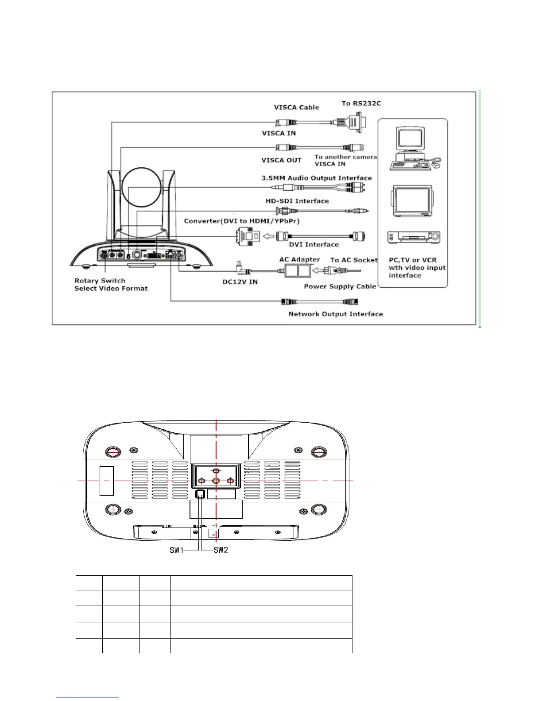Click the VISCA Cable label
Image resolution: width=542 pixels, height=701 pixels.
[x=296, y=108]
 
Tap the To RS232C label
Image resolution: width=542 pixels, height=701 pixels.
[x=361, y=104]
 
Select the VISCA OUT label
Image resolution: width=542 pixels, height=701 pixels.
[x=281, y=160]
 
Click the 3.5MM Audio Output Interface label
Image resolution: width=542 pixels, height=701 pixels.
[x=316, y=178]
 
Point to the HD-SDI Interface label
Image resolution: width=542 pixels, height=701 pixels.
[x=297, y=201]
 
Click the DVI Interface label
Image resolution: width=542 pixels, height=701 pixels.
[x=314, y=244]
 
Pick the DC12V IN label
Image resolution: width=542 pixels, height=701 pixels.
[x=240, y=282]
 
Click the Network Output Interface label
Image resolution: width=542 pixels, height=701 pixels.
[x=335, y=314]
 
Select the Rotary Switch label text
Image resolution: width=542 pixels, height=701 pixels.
[x=100, y=281]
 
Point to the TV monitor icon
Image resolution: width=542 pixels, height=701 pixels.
[x=412, y=201]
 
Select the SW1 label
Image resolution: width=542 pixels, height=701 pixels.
[x=176, y=550]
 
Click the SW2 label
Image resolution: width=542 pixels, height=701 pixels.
[x=221, y=550]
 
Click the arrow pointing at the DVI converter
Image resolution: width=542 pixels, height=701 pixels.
[x=268, y=236]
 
